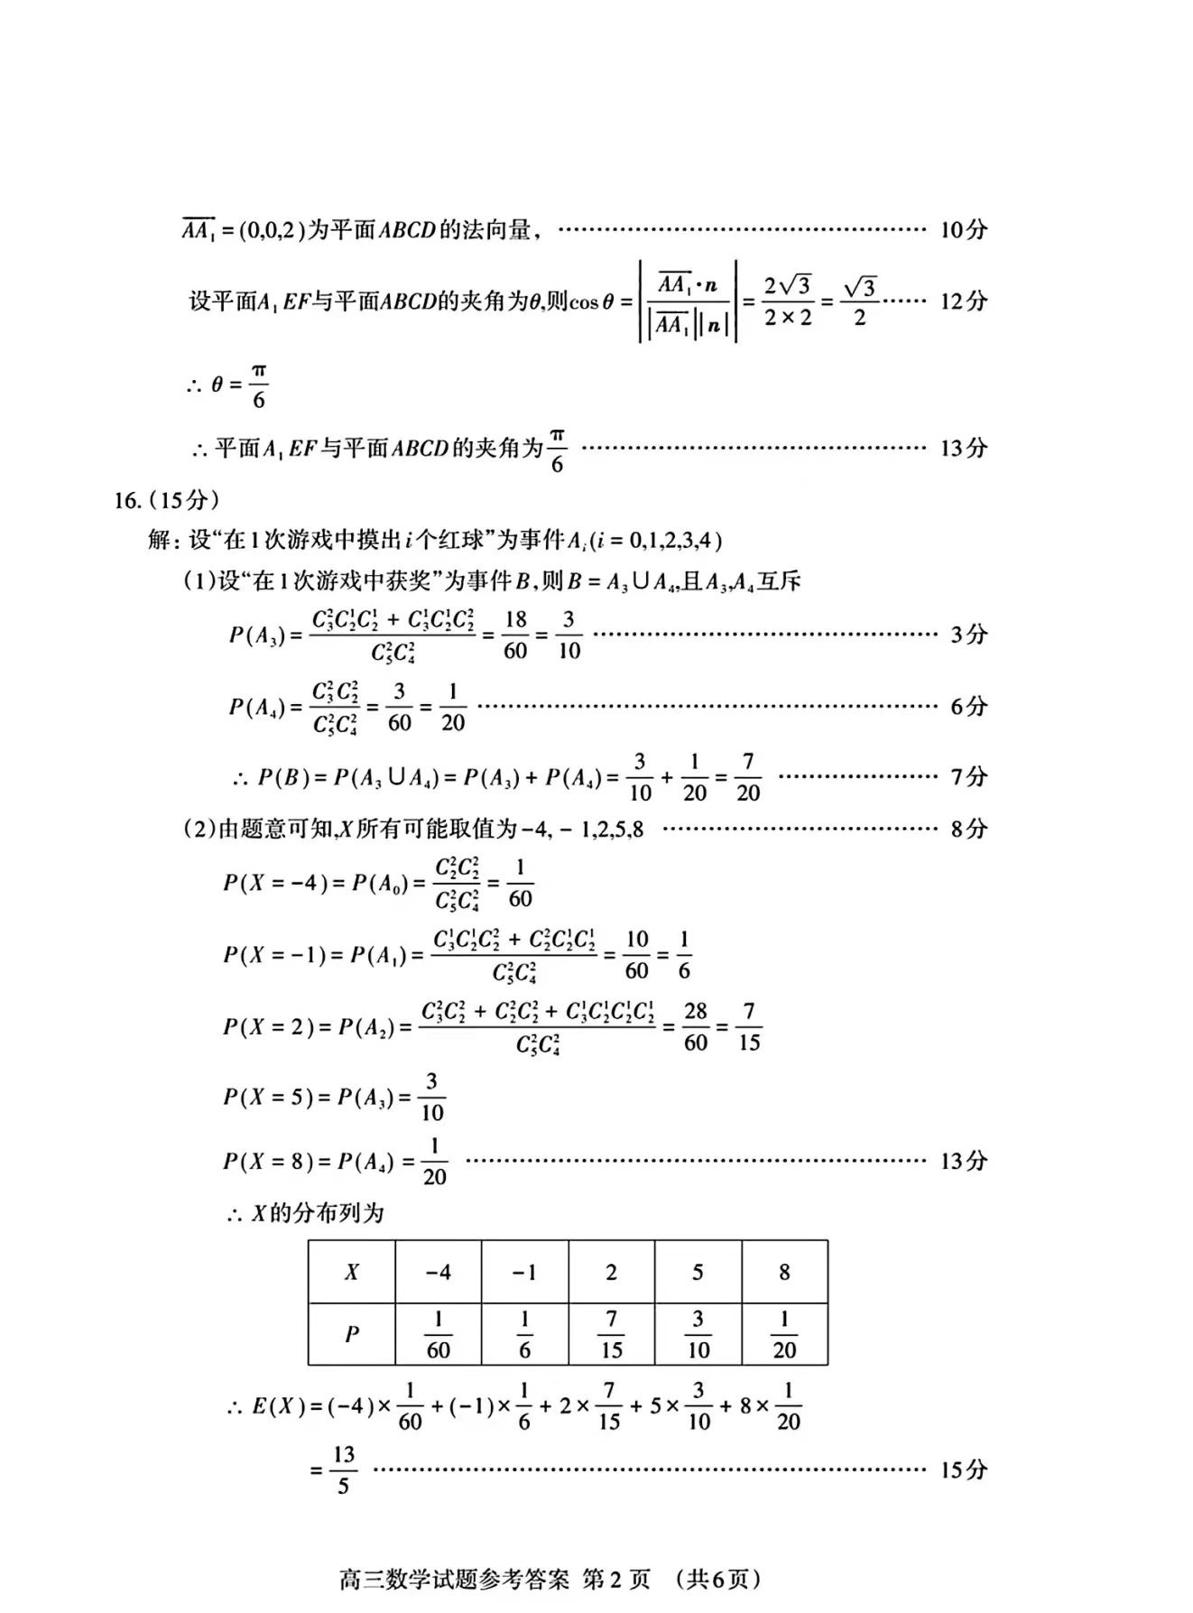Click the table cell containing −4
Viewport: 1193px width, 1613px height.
click(438, 1272)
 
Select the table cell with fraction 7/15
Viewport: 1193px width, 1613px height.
click(611, 1334)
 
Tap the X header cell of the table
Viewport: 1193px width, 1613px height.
click(351, 1272)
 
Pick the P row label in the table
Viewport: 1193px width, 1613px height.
click(351, 1334)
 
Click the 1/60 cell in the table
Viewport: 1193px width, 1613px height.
click(438, 1334)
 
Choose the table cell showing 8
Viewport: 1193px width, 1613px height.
click(784, 1272)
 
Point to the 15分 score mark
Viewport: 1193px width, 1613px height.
click(963, 1469)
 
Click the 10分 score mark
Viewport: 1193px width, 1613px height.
click(963, 229)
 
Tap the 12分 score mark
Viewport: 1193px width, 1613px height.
click(963, 301)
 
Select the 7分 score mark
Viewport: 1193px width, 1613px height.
click(968, 776)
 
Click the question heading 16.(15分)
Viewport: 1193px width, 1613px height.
click(166, 499)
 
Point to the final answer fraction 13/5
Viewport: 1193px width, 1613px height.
click(343, 1469)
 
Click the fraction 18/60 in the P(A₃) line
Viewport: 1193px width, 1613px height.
click(515, 635)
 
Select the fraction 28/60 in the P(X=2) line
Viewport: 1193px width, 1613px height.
click(695, 1026)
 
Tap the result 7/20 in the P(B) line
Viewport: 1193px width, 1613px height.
click(748, 776)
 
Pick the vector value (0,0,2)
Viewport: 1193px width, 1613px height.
click(272, 230)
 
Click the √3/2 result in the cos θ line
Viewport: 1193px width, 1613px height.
click(859, 301)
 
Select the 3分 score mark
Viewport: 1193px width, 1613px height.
click(968, 635)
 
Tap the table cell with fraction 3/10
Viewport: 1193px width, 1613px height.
click(698, 1334)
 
